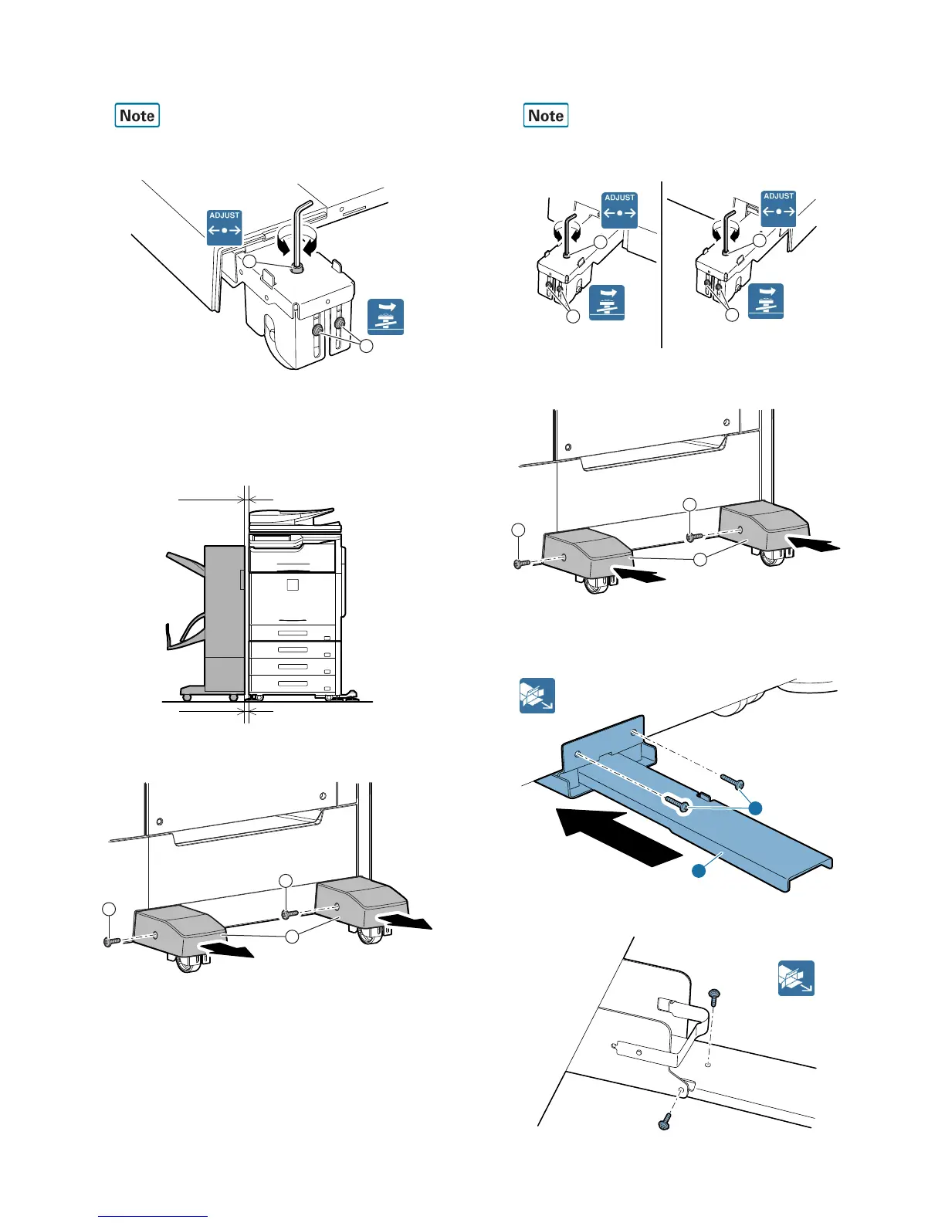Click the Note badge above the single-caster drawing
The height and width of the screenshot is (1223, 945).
pyautogui.click(x=137, y=116)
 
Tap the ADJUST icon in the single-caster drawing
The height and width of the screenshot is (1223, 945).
pyautogui.click(x=225, y=227)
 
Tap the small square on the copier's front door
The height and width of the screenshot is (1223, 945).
pyautogui.click(x=293, y=585)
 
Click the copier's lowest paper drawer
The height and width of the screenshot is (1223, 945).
pyautogui.click(x=294, y=684)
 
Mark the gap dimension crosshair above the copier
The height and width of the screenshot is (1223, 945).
pyautogui.click(x=247, y=500)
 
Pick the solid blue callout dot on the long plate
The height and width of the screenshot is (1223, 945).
pyautogui.click(x=698, y=871)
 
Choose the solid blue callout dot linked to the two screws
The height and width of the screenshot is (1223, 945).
pyautogui.click(x=756, y=808)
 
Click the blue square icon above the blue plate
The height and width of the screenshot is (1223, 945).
pyautogui.click(x=537, y=696)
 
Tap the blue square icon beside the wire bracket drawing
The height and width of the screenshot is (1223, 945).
pyautogui.click(x=796, y=978)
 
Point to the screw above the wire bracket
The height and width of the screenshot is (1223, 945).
pyautogui.click(x=714, y=997)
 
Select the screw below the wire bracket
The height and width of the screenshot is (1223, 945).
pyautogui.click(x=665, y=1122)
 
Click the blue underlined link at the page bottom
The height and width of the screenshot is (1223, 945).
pyautogui.click(x=153, y=1216)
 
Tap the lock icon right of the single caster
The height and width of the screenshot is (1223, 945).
pyautogui.click(x=386, y=317)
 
